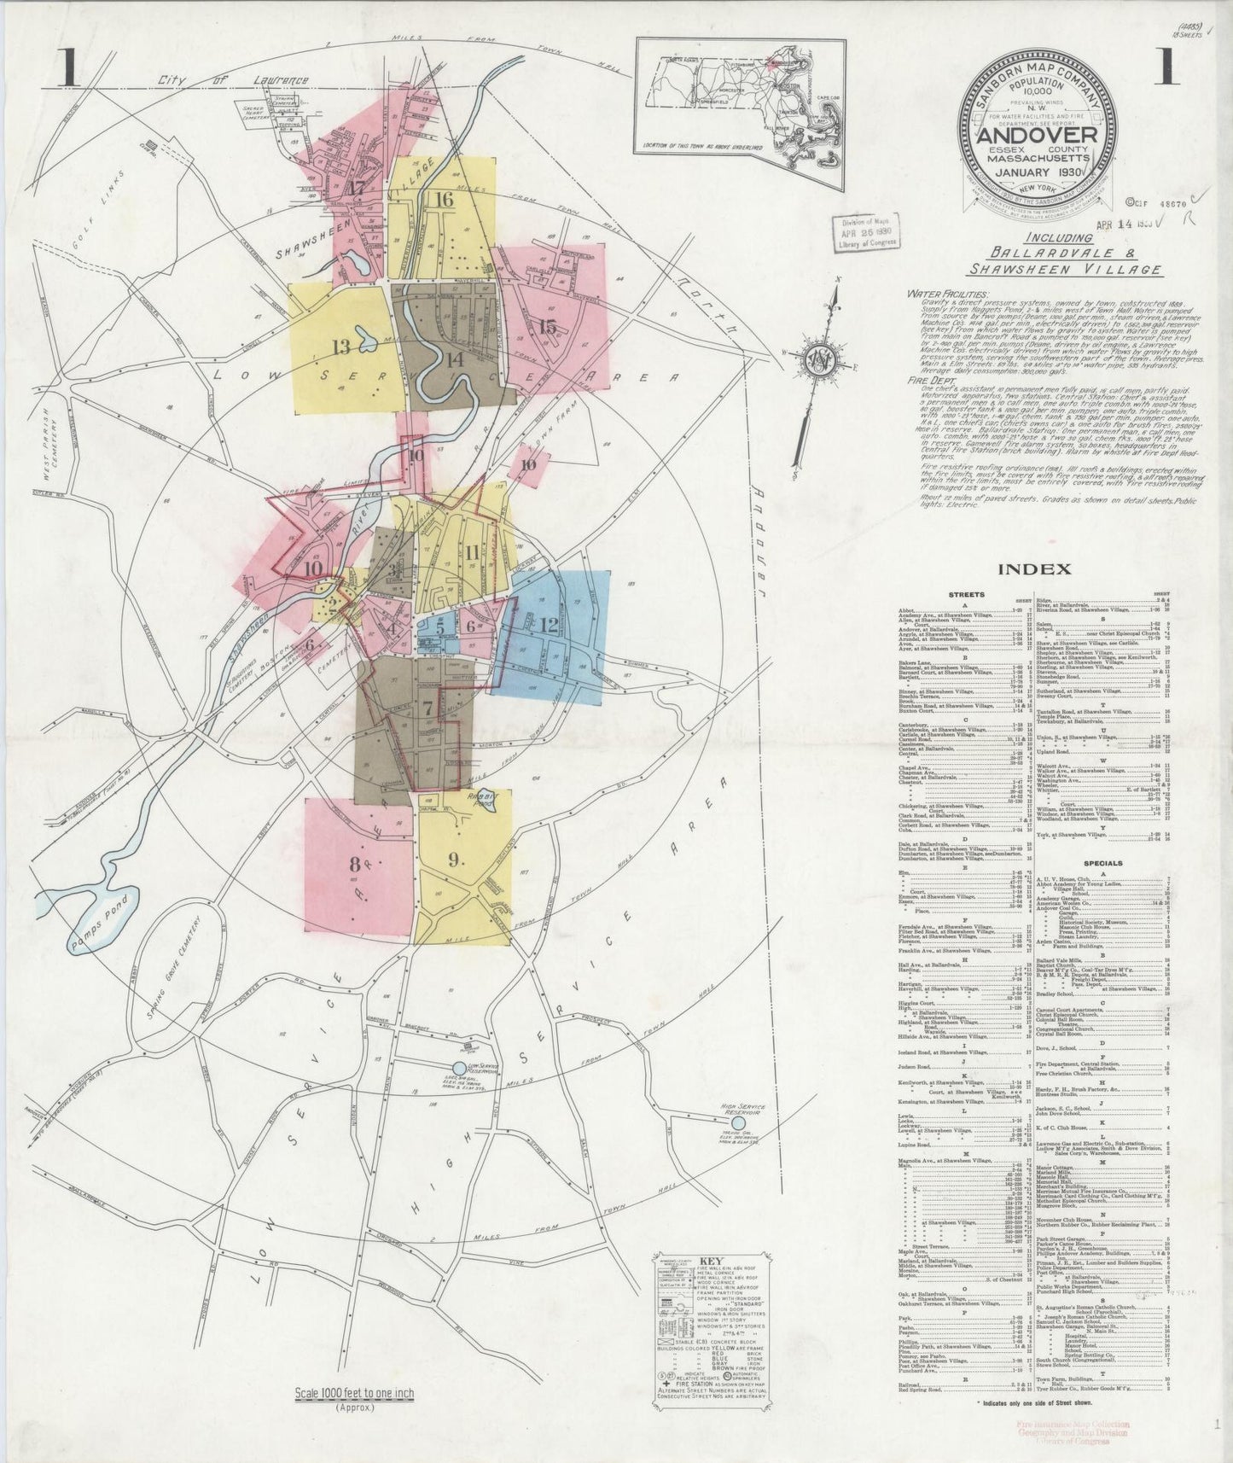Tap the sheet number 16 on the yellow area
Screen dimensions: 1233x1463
(443, 200)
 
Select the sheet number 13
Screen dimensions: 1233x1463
(341, 347)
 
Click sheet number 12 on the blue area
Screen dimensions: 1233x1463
(548, 625)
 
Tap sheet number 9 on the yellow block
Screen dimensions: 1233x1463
(454, 859)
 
